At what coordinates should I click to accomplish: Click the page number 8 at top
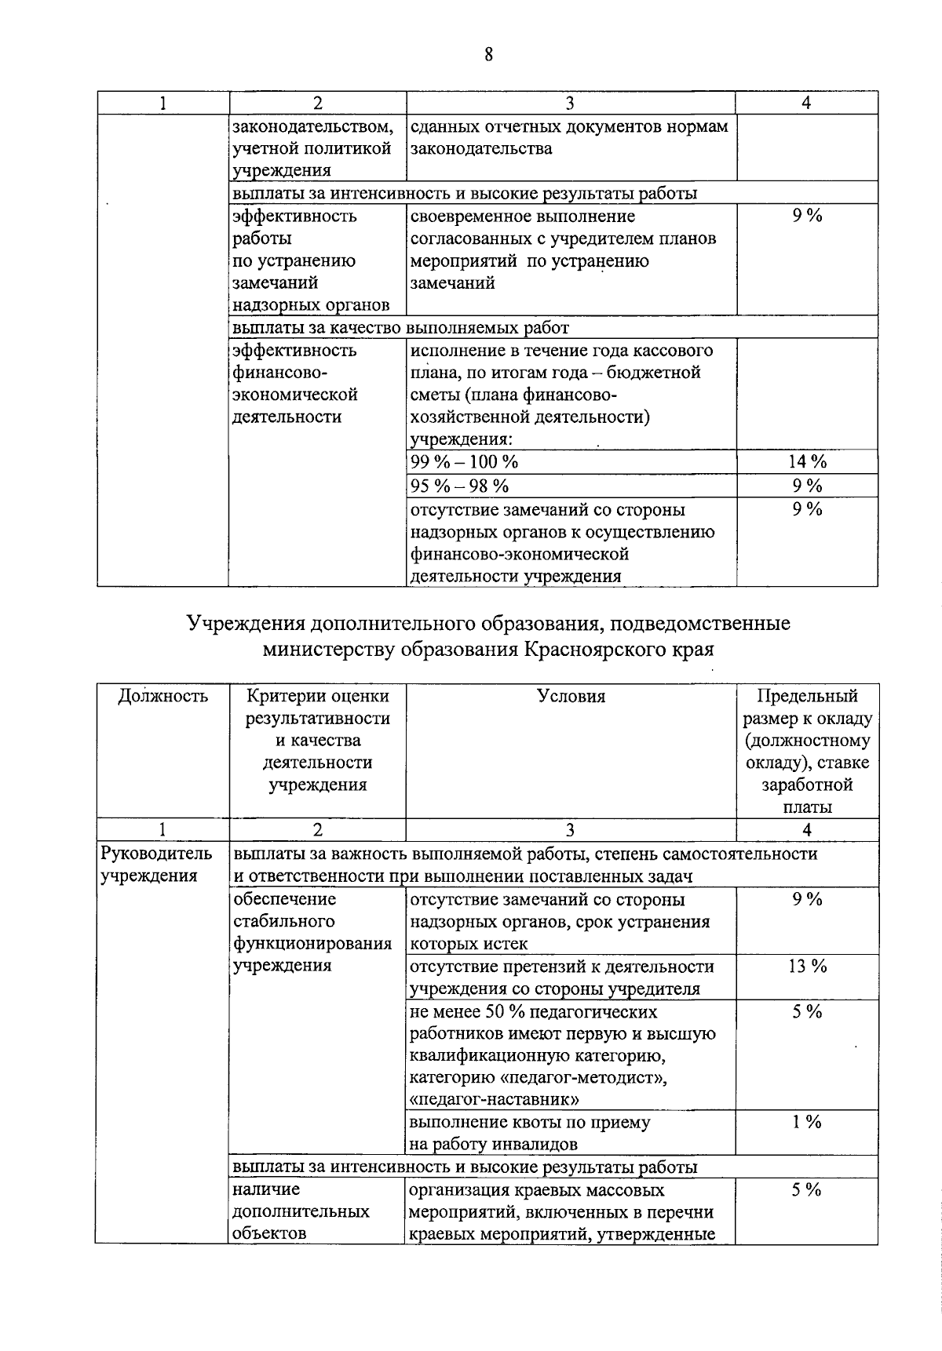[488, 54]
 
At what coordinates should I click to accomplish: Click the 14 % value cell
[807, 462]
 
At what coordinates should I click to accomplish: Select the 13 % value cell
[807, 967]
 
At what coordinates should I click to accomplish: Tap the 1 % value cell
[807, 1122]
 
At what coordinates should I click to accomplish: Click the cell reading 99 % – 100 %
[465, 462]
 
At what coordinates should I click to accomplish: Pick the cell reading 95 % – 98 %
[460, 486]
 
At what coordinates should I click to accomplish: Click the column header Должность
[162, 696]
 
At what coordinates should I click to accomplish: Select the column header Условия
[571, 696]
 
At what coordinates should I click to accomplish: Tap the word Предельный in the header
[807, 696]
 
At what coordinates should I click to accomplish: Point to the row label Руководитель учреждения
[156, 865]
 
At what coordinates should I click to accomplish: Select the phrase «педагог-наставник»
[495, 1098]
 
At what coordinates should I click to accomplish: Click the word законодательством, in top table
[312, 126]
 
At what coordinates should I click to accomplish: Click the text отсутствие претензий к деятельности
[562, 967]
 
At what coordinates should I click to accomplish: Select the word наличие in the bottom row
[266, 1189]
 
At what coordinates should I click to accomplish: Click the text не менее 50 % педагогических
[534, 1012]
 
